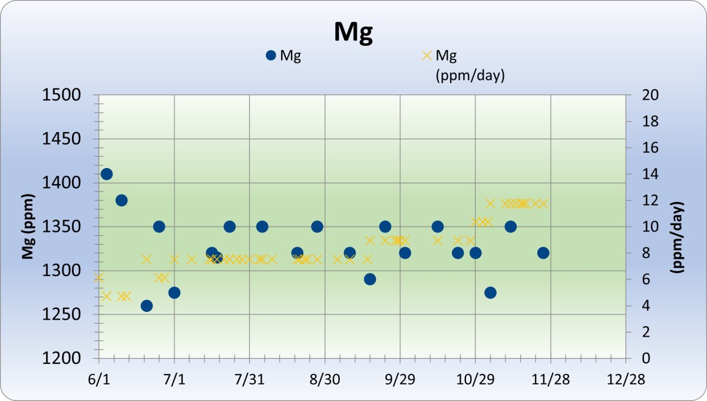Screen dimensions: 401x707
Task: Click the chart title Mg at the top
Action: click(353, 32)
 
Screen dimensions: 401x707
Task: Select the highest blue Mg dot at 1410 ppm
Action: click(107, 174)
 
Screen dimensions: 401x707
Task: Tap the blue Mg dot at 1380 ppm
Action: click(121, 200)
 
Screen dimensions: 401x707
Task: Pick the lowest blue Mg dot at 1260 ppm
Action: click(147, 305)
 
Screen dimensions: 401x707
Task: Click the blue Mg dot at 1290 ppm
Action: click(370, 279)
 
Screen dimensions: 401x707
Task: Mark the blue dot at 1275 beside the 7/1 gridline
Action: click(174, 292)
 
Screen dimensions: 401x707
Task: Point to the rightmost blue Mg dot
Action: click(543, 253)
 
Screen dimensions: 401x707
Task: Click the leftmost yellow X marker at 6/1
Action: click(99, 278)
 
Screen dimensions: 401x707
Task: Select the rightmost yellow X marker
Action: click(543, 203)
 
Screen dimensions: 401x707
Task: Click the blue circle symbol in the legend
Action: click(271, 55)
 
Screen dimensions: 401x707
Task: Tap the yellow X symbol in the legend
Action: click(427, 55)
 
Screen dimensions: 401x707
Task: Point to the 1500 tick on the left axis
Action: click(68, 95)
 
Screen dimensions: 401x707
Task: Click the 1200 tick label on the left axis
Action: click(68, 359)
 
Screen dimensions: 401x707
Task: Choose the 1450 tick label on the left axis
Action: click(68, 139)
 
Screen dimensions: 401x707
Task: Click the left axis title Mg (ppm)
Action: click(27, 227)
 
